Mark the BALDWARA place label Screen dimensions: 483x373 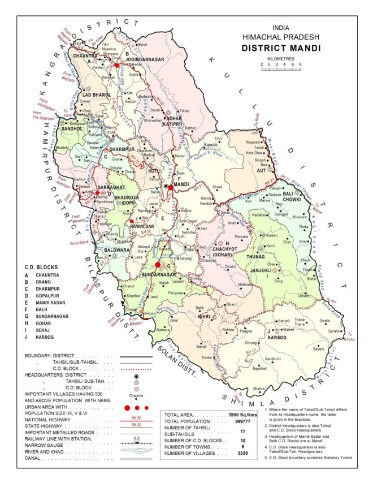click(x=117, y=249)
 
